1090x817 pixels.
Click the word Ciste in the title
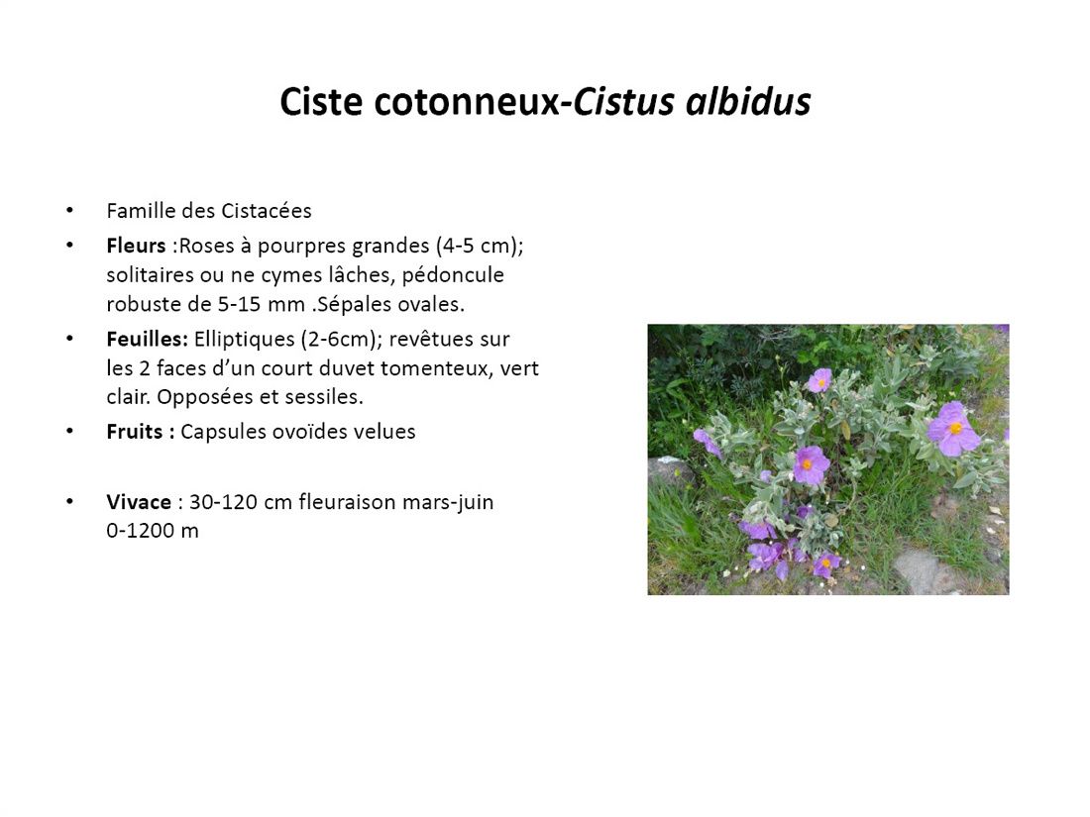321,101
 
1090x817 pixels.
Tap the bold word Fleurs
137,246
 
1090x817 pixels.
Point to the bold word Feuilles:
148,339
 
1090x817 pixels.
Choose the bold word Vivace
139,502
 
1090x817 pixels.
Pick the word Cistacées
267,211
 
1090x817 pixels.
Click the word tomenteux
437,368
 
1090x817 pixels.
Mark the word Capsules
222,432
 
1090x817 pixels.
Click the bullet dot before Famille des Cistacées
69,211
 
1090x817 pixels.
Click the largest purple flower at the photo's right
953,430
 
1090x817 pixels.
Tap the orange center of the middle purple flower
807,464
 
